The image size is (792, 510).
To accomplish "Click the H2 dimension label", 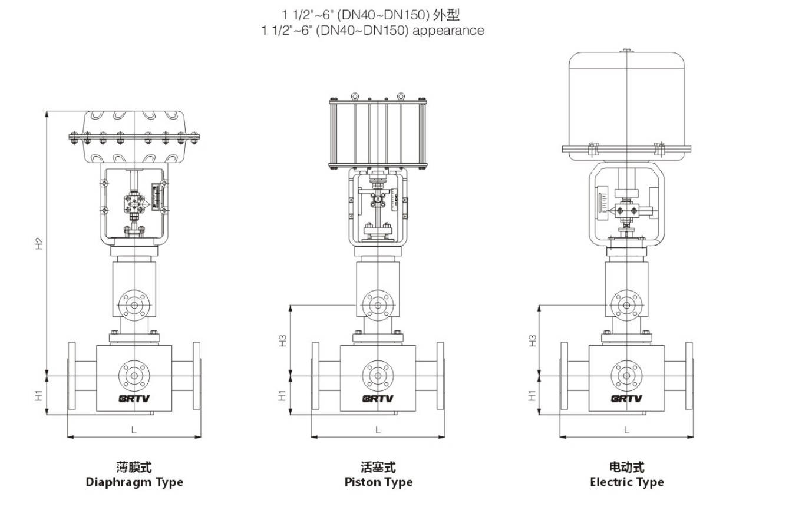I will pyautogui.click(x=39, y=242).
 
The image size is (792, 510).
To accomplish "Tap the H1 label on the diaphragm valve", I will pyautogui.click(x=39, y=395).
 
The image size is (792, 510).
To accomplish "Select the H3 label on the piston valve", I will pyautogui.click(x=283, y=340).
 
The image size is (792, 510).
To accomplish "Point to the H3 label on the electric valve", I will pyautogui.click(x=532, y=340).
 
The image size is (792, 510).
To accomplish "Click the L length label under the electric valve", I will pyautogui.click(x=626, y=430).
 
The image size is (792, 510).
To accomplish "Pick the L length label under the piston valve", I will pyautogui.click(x=378, y=430).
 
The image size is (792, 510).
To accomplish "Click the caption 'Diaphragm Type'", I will pyautogui.click(x=134, y=482).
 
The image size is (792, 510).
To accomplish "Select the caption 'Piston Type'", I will pyautogui.click(x=378, y=482).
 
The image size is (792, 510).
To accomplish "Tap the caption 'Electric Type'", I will pyautogui.click(x=626, y=482).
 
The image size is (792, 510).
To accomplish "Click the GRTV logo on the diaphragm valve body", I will pyautogui.click(x=134, y=398).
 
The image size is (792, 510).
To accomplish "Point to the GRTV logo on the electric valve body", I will pyautogui.click(x=626, y=398).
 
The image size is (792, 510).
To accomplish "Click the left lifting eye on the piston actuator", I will pyautogui.click(x=354, y=95).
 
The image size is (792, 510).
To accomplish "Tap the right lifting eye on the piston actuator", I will pyautogui.click(x=401, y=95).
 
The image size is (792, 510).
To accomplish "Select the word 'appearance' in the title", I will pyautogui.click(x=448, y=30).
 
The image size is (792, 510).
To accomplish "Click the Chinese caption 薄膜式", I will pyautogui.click(x=134, y=468).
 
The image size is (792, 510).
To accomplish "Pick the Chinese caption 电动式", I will pyautogui.click(x=626, y=468).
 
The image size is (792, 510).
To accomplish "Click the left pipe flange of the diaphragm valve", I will pyautogui.click(x=72, y=376).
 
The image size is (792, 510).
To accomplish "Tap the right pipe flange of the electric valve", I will pyautogui.click(x=689, y=376).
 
